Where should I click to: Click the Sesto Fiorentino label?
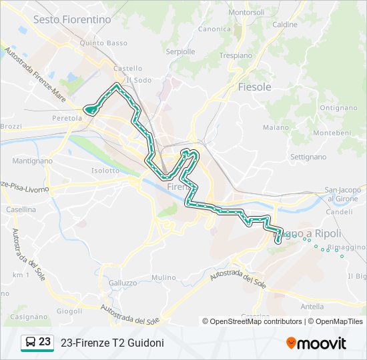72,19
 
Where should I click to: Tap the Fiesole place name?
255,87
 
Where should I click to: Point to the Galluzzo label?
122,283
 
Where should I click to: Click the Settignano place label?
308,157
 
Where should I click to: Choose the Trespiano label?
236,55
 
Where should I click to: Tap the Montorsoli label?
246,13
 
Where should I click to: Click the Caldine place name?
285,25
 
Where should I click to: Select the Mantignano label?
33,161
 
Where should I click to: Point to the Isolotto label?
105,171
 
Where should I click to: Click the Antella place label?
312,307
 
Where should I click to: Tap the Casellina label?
21,209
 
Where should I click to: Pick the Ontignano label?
338,107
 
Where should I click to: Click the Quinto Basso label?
103,43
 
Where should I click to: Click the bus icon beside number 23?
30,343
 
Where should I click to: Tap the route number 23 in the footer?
45,342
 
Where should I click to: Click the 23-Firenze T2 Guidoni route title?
112,343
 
